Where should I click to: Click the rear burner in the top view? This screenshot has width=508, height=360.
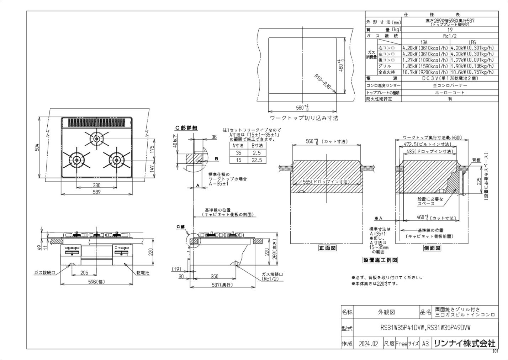pyautogui.click(x=96, y=137)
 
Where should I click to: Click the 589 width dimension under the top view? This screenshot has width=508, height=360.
pyautogui.click(x=96, y=192)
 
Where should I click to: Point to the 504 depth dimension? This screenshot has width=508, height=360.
pyautogui.click(x=37, y=147)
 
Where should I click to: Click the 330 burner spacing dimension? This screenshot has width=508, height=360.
pyautogui.click(x=96, y=185)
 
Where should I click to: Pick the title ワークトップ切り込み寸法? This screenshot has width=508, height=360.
pyautogui.click(x=304, y=118)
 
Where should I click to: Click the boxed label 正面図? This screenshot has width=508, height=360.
pyautogui.click(x=327, y=248)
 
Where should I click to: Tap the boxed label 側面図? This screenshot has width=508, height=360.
pyautogui.click(x=432, y=248)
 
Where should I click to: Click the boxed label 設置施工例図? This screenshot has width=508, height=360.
pyautogui.click(x=380, y=260)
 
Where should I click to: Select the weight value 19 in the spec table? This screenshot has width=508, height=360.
pyautogui.click(x=450, y=30)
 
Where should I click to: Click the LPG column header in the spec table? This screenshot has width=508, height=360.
pyautogui.click(x=472, y=42)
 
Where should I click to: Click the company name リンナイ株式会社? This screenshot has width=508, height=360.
pyautogui.click(x=464, y=343)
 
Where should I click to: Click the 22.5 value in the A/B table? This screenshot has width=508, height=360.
pyautogui.click(x=256, y=160)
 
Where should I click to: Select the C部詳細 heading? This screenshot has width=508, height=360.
pyautogui.click(x=186, y=128)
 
